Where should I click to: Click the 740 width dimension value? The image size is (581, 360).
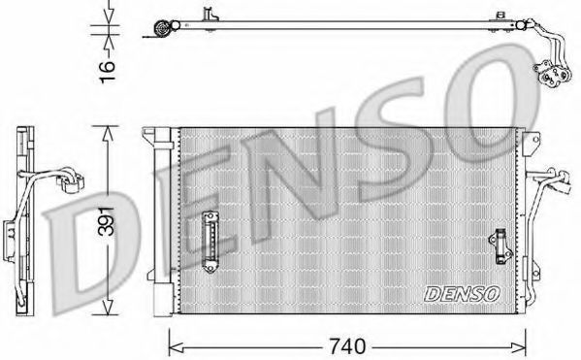pyautogui.click(x=347, y=346)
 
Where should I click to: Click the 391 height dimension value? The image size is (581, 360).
pyautogui.click(x=106, y=220)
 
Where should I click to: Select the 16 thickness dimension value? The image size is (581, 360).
pyautogui.click(x=108, y=72)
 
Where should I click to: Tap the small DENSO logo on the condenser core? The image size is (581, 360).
pyautogui.click(x=462, y=294)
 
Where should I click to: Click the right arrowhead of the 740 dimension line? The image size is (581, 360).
pyautogui.click(x=518, y=347)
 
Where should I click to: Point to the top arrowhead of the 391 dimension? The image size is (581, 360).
pyautogui.click(x=107, y=134)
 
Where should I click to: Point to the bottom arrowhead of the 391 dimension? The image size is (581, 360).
pyautogui.click(x=107, y=307)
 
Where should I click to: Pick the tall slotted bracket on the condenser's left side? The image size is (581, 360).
pyautogui.click(x=210, y=242)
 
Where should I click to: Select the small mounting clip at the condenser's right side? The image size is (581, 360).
pyautogui.click(x=500, y=246)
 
